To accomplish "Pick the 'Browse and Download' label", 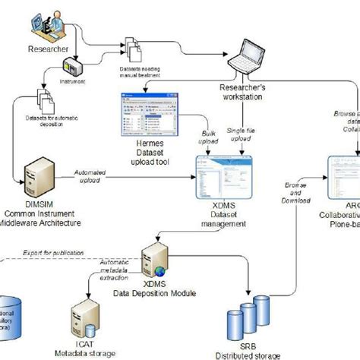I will (x=298, y=193).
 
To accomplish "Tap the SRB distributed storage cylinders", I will (x=251, y=318).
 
